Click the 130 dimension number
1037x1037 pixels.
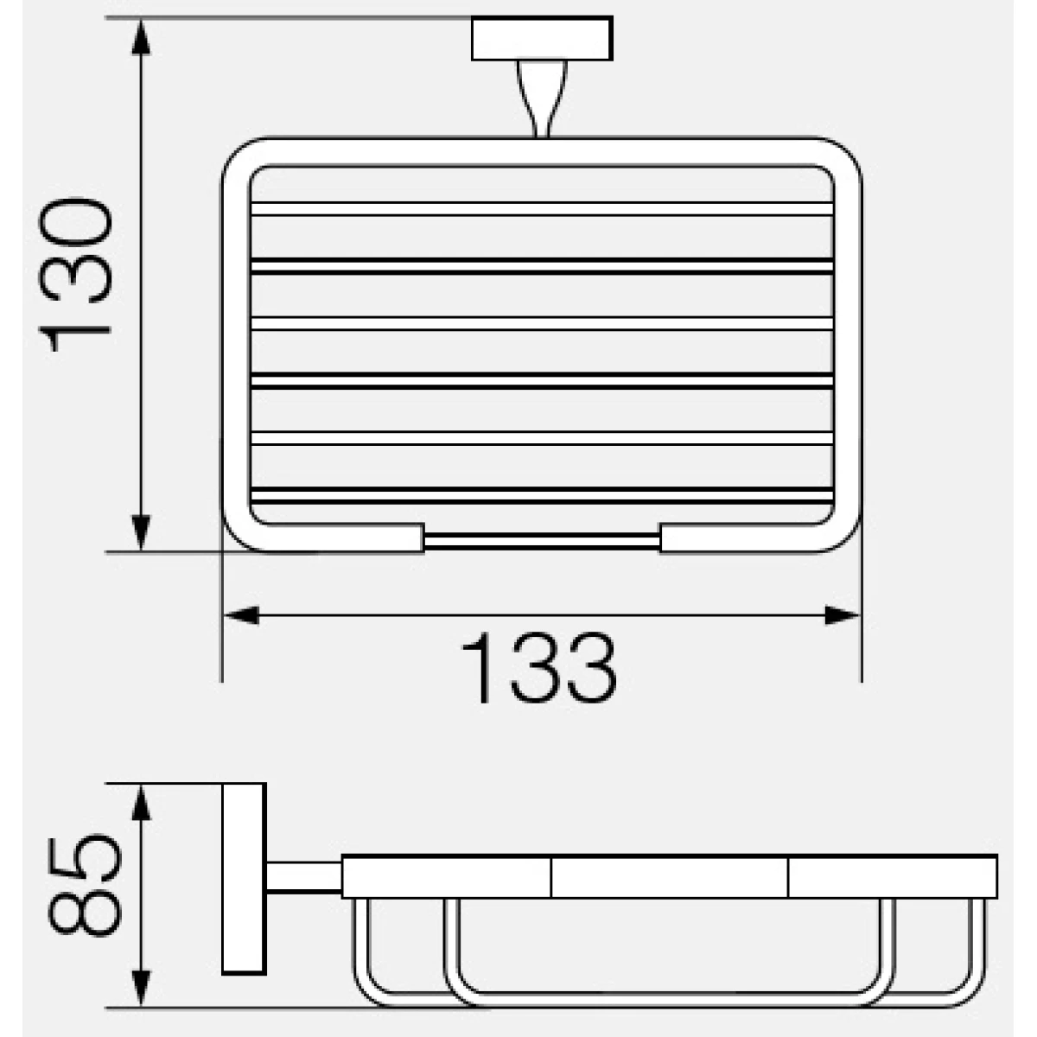75,275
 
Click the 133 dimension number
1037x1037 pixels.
538,668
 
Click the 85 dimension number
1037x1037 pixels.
85,886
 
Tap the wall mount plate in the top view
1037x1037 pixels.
543,38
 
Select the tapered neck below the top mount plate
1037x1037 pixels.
542,99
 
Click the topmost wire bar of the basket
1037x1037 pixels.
542,209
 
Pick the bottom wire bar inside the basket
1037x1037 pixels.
542,496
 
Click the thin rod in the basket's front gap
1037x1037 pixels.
542,541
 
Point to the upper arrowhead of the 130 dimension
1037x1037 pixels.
141,36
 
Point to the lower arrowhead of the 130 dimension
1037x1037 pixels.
141,533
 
